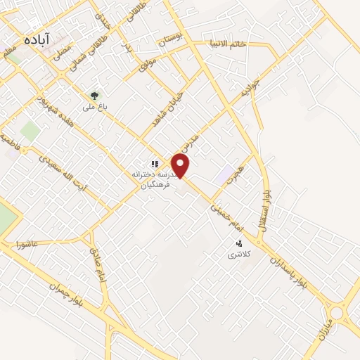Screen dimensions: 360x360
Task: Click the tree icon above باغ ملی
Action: (94, 95)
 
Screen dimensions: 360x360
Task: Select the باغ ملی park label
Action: (94, 108)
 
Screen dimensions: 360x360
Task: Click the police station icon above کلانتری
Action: (239, 243)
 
